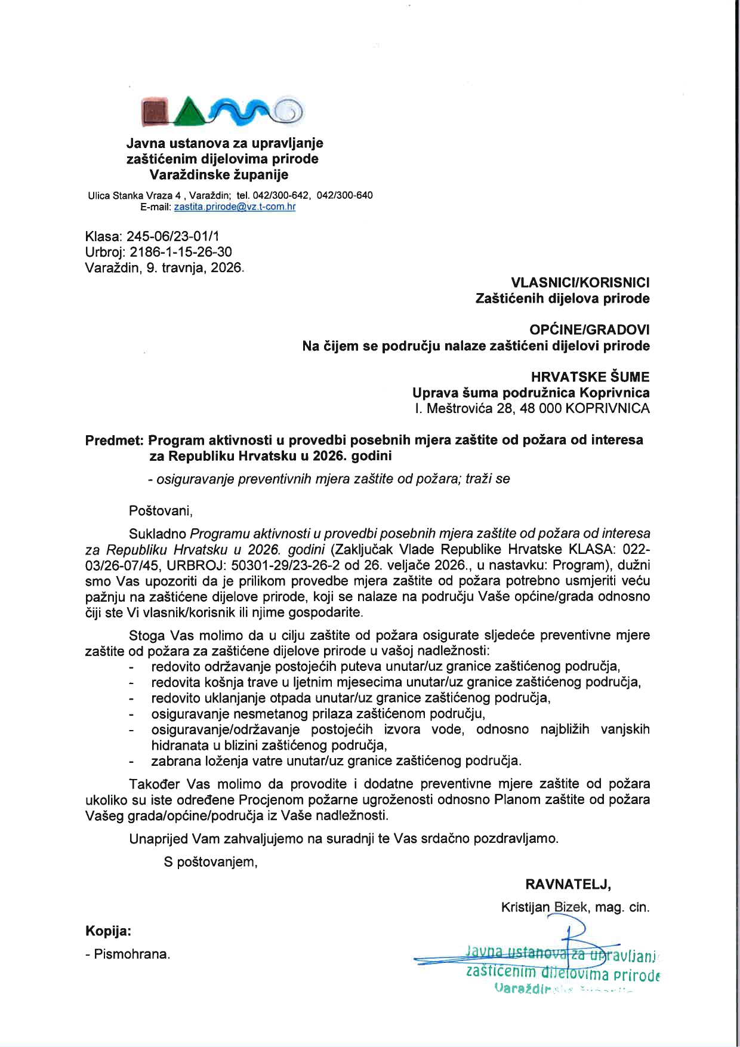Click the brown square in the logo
click(158, 111)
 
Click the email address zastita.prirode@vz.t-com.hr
click(235, 207)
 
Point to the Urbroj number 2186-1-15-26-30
click(180, 252)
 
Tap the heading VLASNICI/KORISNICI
click(581, 282)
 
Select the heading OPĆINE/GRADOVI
click(590, 330)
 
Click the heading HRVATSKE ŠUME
click(590, 377)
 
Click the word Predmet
click(114, 441)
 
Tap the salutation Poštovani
click(161, 511)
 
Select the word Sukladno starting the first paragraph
click(158, 533)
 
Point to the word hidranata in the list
click(178, 745)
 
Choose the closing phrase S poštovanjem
click(211, 862)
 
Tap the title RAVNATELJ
click(568, 884)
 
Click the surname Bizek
click(571, 907)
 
